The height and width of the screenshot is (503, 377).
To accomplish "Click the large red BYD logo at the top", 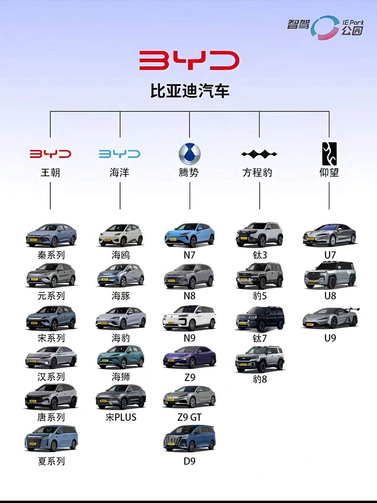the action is pyautogui.click(x=189, y=60).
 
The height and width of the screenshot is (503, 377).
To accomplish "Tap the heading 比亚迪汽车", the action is pyautogui.click(x=189, y=91).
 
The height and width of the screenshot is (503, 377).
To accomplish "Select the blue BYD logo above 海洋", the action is pyautogui.click(x=120, y=154).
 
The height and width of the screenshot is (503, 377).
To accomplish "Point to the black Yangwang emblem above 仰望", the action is pyautogui.click(x=329, y=154).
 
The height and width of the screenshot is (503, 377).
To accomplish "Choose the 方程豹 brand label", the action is pyautogui.click(x=257, y=173).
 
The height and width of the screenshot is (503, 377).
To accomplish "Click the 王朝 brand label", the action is pyautogui.click(x=50, y=173).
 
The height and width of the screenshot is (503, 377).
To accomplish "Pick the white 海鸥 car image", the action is pyautogui.click(x=121, y=235).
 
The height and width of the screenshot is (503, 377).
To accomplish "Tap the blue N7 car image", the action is pyautogui.click(x=190, y=235).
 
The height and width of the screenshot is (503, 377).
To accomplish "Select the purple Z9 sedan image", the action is pyautogui.click(x=190, y=357).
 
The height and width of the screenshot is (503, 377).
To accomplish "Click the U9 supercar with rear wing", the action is pyautogui.click(x=331, y=318).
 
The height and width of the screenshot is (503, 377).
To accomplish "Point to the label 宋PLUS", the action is pyautogui.click(x=121, y=417).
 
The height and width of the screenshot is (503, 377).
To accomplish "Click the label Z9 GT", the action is pyautogui.click(x=189, y=417).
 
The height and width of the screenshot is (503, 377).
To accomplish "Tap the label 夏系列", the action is pyautogui.click(x=51, y=461).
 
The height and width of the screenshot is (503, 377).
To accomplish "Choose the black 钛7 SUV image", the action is pyautogui.click(x=260, y=319).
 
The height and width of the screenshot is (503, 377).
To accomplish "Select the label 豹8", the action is pyautogui.click(x=260, y=379).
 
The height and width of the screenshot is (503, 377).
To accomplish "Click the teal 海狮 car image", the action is pyautogui.click(x=121, y=358).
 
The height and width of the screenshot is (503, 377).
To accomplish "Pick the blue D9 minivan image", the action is pyautogui.click(x=190, y=439).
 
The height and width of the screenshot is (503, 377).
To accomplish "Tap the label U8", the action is pyautogui.click(x=330, y=296).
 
